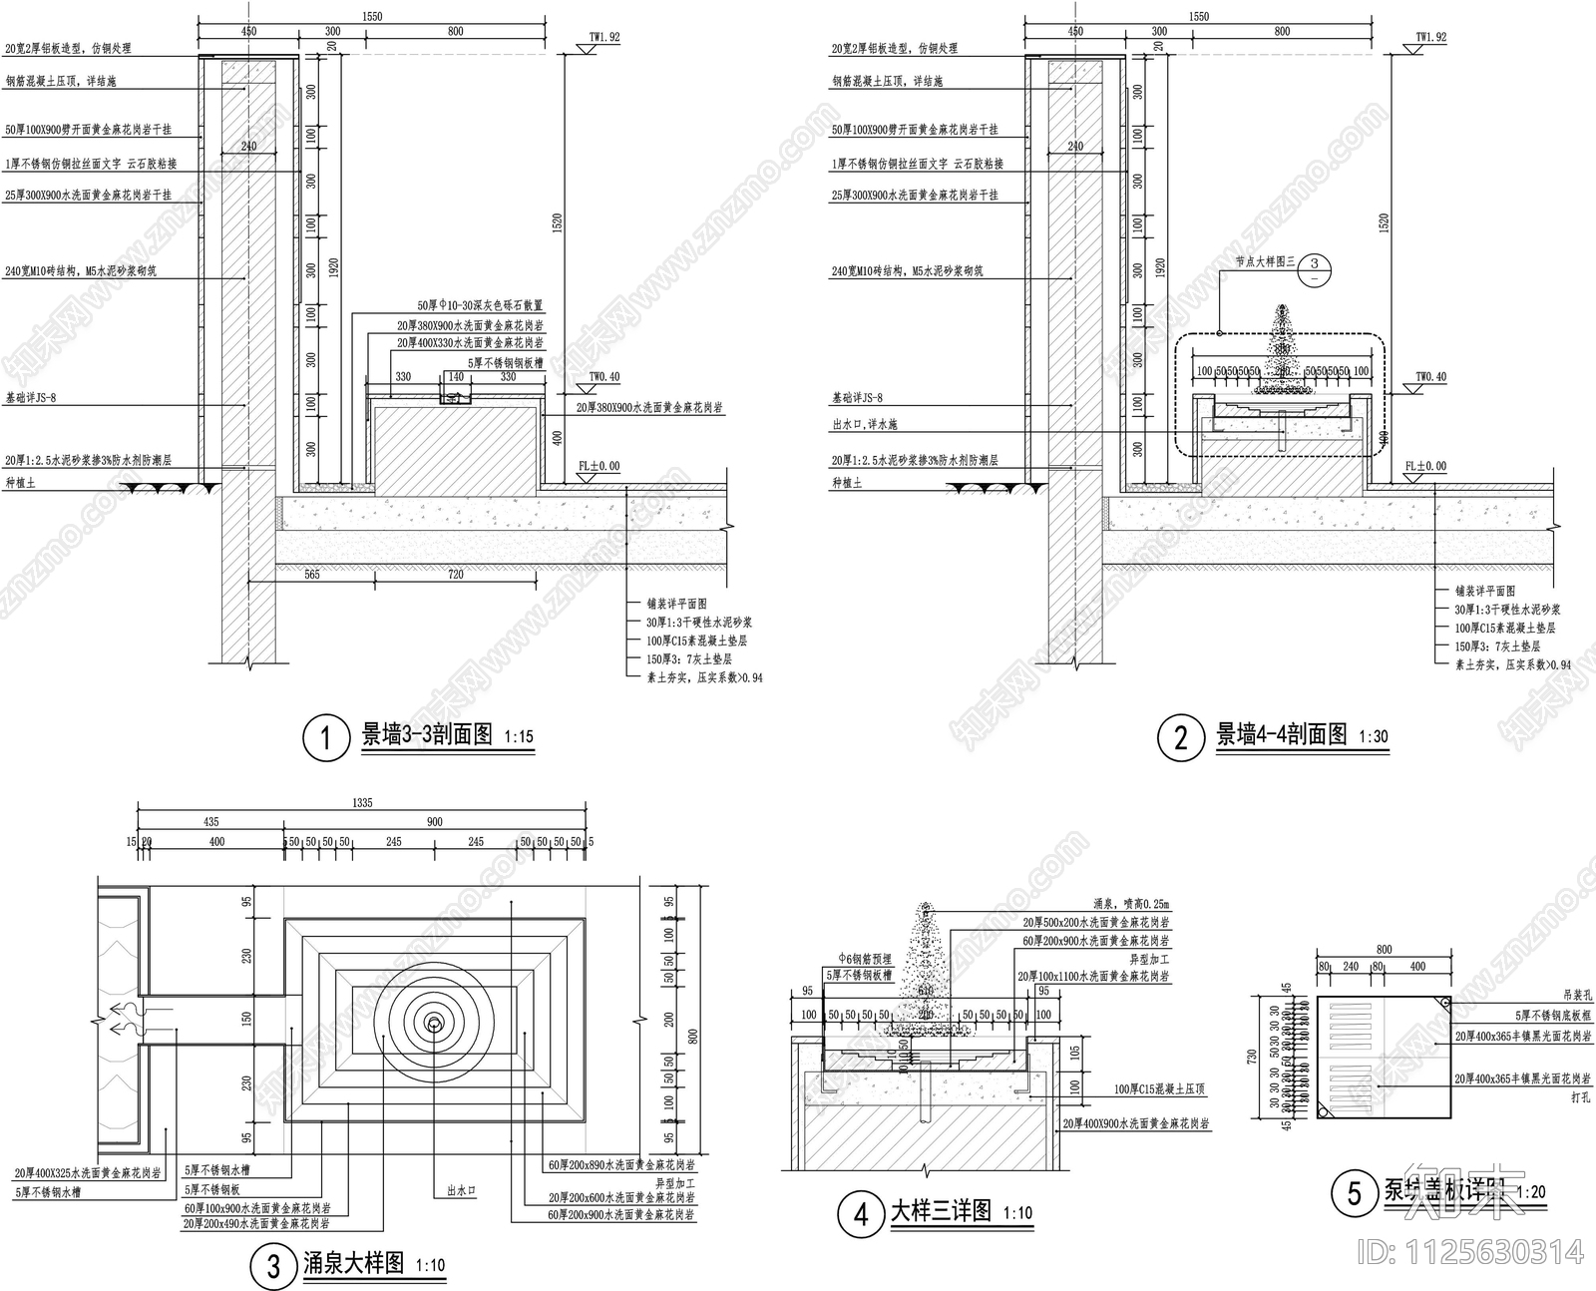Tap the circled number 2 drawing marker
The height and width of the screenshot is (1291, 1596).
click(x=1180, y=738)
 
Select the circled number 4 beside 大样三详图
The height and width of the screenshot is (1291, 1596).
click(x=861, y=1214)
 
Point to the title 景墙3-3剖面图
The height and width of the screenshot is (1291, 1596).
click(x=426, y=736)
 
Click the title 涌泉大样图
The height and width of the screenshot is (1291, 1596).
click(x=353, y=1264)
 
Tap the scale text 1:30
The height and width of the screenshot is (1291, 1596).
click(x=1374, y=737)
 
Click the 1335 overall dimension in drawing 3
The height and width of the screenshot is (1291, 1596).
click(x=361, y=803)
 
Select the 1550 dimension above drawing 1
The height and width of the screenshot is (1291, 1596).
click(x=371, y=17)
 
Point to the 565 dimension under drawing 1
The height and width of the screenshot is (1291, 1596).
click(x=311, y=575)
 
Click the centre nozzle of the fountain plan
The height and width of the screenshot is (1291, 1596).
click(x=435, y=1023)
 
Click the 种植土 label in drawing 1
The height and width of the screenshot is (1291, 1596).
click(x=18, y=483)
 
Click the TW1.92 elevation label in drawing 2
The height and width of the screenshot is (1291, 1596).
click(x=1429, y=37)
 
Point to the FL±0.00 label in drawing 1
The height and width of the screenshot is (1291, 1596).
click(x=598, y=466)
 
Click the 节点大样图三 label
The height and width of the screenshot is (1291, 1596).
click(x=1264, y=262)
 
